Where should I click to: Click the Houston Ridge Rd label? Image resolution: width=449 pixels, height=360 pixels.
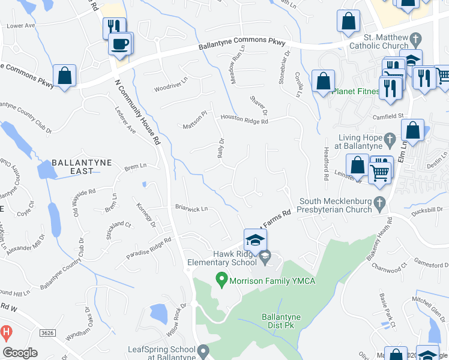pyautogui.click(x=244, y=119)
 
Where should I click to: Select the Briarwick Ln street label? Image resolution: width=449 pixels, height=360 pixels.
pyautogui.click(x=191, y=209)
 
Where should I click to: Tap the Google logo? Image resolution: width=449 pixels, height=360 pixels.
pyautogui.click(x=20, y=352)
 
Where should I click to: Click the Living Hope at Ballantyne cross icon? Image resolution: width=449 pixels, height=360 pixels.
pyautogui.click(x=389, y=141)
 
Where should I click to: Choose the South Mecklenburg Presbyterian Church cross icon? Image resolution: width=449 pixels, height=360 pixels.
pyautogui.click(x=379, y=204)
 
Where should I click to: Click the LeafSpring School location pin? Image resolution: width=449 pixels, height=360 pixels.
pyautogui.click(x=203, y=350)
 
